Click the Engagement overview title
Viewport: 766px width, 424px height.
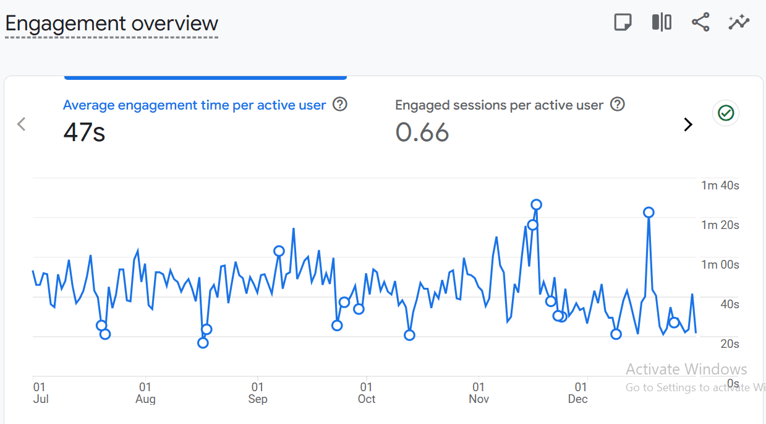tap(111, 24)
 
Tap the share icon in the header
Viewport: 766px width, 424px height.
tap(700, 23)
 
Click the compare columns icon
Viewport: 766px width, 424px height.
tap(662, 23)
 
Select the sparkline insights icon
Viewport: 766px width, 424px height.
tap(739, 23)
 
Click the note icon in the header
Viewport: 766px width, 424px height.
tap(623, 23)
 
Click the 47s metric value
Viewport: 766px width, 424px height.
tap(84, 132)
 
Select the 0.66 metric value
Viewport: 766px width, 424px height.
tap(422, 132)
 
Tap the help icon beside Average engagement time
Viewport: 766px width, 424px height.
tap(340, 105)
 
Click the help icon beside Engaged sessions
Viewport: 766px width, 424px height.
tap(618, 105)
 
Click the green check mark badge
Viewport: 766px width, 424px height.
tap(726, 113)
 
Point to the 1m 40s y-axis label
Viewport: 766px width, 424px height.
tap(720, 185)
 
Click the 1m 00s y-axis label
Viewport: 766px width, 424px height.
tap(720, 264)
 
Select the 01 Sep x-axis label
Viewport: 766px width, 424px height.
tap(258, 393)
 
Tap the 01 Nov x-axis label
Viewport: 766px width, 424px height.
tap(479, 393)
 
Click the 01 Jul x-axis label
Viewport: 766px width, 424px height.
tap(41, 393)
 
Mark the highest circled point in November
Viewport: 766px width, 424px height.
tap(536, 205)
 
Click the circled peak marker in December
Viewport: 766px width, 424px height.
tap(649, 213)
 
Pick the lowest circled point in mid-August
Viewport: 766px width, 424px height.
tap(203, 343)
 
